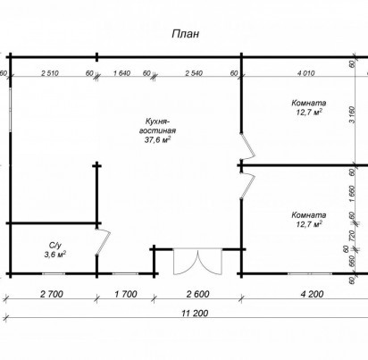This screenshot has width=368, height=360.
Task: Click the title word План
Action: [x=186, y=34]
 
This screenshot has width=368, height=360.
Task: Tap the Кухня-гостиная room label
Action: [x=157, y=126]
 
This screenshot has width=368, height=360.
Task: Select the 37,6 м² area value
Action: [x=157, y=139]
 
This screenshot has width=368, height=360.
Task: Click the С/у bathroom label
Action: [x=55, y=246]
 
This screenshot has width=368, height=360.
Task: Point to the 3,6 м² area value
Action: [x=55, y=255]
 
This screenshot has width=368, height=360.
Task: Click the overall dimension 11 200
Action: [x=195, y=313]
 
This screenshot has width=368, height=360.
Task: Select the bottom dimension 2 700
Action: [x=52, y=294]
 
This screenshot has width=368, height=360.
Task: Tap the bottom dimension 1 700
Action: [x=126, y=294]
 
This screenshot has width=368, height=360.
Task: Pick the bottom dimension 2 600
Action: [x=198, y=294]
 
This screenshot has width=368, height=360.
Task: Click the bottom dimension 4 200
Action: [x=312, y=294]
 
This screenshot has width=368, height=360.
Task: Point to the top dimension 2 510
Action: [x=50, y=73]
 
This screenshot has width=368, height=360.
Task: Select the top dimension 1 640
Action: [x=122, y=73]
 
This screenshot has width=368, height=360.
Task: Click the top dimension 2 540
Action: [x=194, y=73]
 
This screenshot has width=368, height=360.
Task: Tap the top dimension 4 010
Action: [x=305, y=73]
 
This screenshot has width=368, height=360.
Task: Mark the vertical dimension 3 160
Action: [x=352, y=114]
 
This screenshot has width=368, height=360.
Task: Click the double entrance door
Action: [x=197, y=262]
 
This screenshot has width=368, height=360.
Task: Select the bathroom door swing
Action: [x=103, y=242]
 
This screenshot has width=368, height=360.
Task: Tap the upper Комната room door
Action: [x=248, y=147]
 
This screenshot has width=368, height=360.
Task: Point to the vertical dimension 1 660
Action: [x=352, y=194]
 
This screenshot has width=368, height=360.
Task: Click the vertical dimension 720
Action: [x=352, y=236]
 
